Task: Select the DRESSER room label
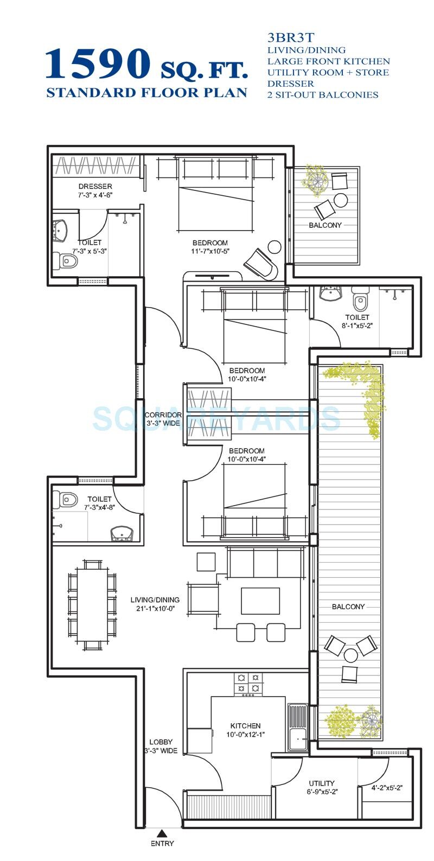point(95,186)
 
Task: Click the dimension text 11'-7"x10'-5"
point(209,251)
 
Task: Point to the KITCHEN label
point(245,725)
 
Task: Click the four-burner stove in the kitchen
point(248,684)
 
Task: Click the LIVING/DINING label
point(155,599)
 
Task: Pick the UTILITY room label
point(321,783)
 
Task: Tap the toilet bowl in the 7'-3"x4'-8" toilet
point(68,499)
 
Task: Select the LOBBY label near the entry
point(161,742)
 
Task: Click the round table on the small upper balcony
point(341,200)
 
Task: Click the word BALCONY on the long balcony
point(348,607)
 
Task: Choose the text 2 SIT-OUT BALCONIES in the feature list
point(322,94)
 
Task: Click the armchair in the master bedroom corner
point(261,264)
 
